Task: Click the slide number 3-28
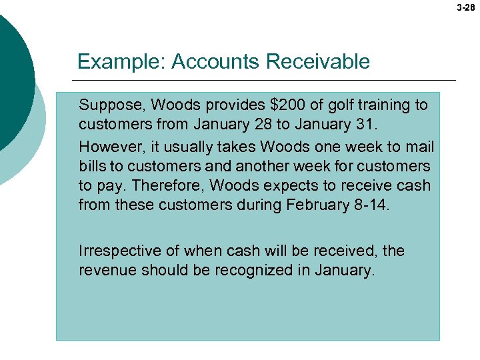(466, 9)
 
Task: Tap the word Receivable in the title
(317, 62)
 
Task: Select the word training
(386, 105)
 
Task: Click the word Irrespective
(115, 251)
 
